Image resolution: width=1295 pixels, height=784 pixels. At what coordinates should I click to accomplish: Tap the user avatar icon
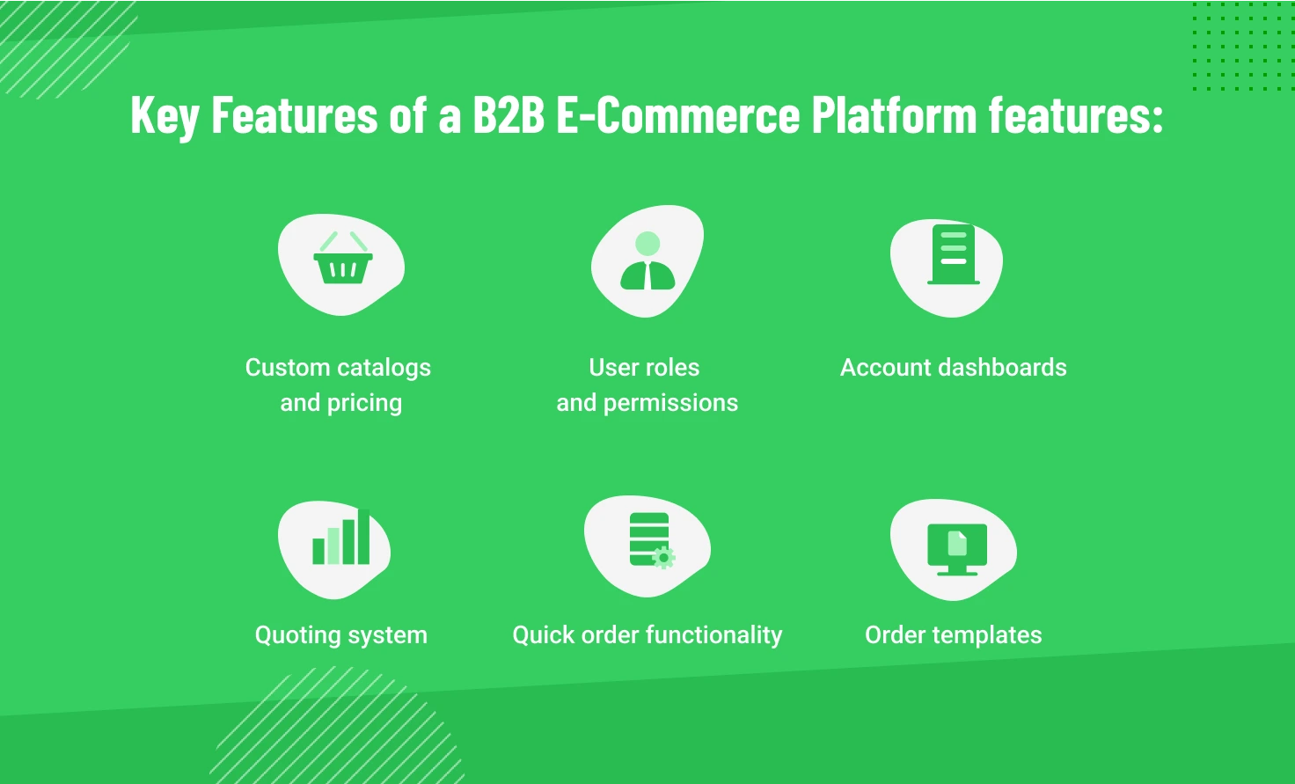coord(647,262)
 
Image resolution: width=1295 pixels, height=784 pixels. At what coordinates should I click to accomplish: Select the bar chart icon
coord(341,539)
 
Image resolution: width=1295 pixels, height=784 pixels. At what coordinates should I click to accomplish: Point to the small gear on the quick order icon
coord(664,557)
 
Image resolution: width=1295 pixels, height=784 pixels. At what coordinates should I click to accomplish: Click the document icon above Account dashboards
coord(954,254)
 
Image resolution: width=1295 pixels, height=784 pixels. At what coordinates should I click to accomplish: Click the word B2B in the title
coord(508,116)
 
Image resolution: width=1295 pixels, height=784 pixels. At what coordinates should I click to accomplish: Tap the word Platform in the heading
coord(893,116)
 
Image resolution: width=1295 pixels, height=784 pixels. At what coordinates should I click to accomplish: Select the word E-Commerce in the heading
coord(677,116)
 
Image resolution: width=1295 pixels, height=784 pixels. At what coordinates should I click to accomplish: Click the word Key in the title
coord(165,116)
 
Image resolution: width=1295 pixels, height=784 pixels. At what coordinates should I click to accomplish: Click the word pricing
coord(364,403)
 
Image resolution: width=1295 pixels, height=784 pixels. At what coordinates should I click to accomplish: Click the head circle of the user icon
coord(647,243)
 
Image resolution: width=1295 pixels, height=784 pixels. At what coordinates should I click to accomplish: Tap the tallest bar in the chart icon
coord(363,536)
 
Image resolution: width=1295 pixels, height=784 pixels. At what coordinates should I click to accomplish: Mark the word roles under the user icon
coord(671,368)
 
